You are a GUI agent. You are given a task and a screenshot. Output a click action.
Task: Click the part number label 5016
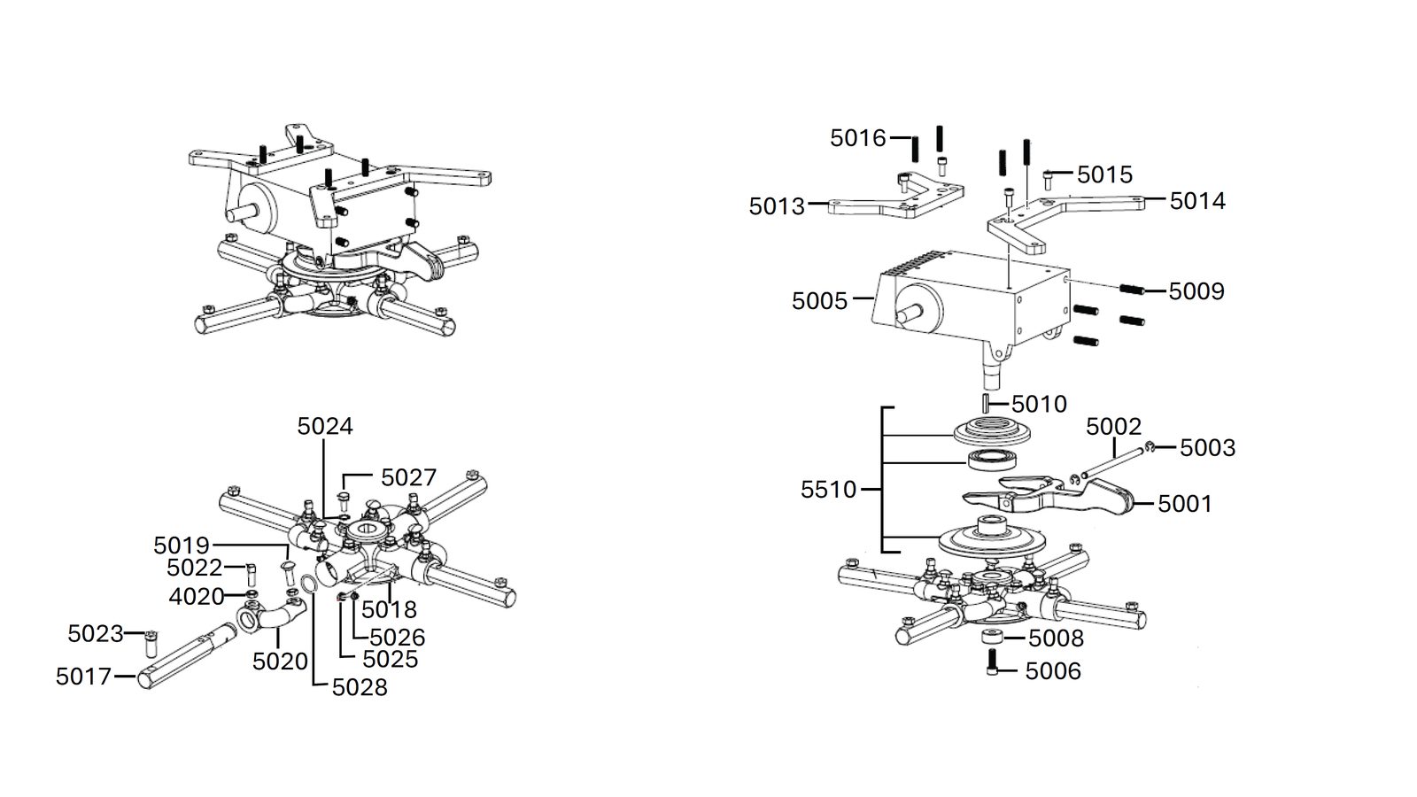point(858,138)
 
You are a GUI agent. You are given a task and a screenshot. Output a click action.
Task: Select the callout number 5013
point(777,206)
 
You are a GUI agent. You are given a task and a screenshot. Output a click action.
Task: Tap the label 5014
point(1197,201)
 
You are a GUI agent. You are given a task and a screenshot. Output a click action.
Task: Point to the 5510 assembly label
point(828,490)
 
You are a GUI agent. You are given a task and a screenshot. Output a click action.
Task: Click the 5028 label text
point(360,687)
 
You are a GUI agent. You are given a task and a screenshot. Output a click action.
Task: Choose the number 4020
point(196,597)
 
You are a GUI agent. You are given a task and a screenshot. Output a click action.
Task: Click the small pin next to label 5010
point(986,404)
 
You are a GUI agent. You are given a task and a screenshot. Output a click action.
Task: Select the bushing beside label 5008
point(992,638)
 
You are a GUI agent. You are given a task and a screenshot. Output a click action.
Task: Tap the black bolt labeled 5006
point(992,662)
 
